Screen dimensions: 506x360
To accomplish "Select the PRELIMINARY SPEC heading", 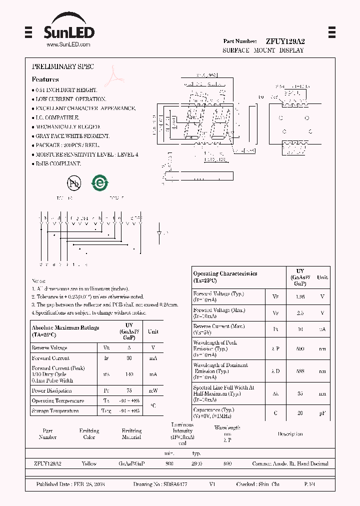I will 63,66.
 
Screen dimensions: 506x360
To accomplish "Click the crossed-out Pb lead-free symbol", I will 74,183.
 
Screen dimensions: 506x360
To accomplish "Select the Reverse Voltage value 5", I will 129,347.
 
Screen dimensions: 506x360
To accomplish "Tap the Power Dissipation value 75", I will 129,390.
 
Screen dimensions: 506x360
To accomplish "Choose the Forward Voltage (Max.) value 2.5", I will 300,313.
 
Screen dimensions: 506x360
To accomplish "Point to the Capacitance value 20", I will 300,413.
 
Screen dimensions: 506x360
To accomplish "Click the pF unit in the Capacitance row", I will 322,413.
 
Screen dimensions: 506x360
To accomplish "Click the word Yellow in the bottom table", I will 89,463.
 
